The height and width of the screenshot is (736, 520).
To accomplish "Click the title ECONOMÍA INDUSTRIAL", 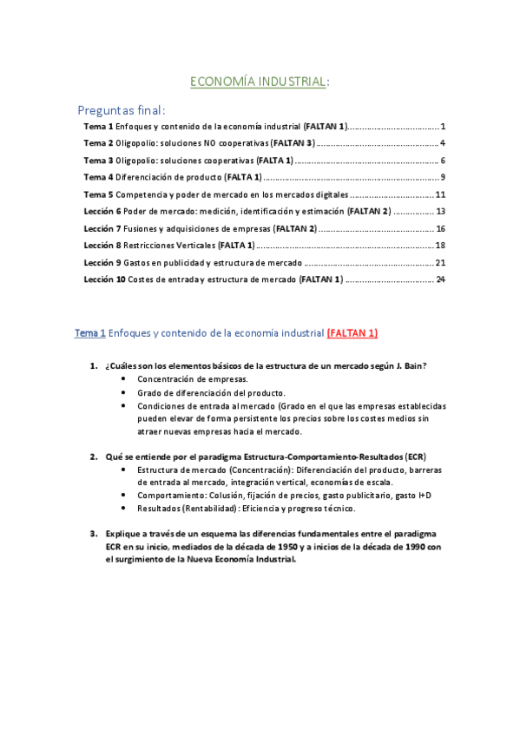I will pos(259,82).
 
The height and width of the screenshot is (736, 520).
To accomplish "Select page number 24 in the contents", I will pos(440,279).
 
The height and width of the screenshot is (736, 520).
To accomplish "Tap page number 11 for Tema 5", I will pos(440,194).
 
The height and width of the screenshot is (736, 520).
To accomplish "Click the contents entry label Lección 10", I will pos(104,279).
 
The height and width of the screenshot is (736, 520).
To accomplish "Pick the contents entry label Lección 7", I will pos(102,228).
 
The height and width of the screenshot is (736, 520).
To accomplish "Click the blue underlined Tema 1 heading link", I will pos(90,332).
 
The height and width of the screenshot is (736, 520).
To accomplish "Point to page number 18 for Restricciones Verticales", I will pos(440,245).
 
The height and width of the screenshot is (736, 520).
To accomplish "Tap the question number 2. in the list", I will pos(94,457).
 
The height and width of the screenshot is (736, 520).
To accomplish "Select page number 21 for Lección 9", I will pos(440,262).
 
